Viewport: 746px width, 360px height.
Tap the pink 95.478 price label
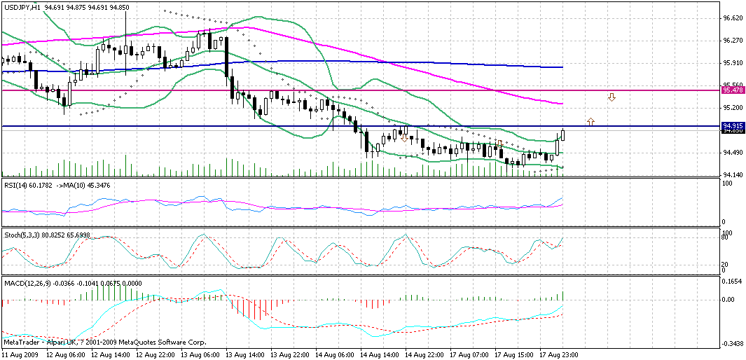coord(732,90)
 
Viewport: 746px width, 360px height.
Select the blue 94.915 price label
coord(732,126)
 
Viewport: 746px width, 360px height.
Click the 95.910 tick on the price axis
coord(732,62)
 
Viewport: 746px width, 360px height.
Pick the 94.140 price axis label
coord(732,174)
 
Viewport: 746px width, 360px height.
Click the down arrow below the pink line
coord(612,97)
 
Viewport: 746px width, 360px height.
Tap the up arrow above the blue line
coord(590,121)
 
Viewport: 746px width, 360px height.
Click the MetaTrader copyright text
coord(105,342)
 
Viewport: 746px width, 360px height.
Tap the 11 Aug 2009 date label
coord(20,355)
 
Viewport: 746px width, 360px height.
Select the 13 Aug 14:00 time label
coord(244,355)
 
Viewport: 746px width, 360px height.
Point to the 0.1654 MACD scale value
coord(732,280)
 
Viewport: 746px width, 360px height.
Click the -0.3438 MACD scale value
coord(732,344)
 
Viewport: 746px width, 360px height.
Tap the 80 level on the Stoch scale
coord(728,238)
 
